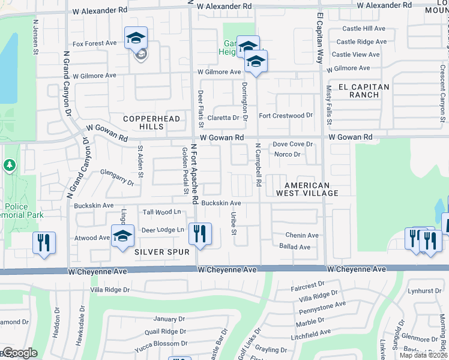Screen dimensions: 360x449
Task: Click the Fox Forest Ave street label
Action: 94,43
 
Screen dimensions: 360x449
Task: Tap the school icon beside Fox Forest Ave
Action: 136,39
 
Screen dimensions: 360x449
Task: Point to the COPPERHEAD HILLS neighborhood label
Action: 151,123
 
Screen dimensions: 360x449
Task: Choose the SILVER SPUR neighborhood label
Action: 158,252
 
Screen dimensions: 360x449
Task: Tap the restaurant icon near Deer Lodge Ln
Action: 200,233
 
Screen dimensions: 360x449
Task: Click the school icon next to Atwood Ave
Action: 122,235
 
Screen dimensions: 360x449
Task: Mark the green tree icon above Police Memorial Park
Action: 9,164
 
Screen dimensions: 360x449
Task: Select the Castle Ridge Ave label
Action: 361,41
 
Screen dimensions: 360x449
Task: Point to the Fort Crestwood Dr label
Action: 286,115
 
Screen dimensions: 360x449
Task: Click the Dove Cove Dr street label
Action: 293,144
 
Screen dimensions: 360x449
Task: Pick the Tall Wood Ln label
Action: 161,212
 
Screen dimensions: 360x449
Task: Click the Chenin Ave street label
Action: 302,235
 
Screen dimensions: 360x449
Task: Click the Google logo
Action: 19,353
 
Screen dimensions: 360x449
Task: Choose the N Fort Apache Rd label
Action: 194,174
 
